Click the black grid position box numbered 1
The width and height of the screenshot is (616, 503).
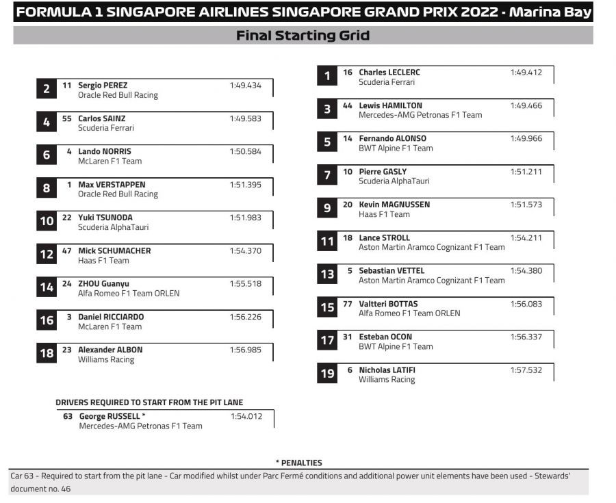point(328,76)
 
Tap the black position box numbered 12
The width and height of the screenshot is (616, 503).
point(47,255)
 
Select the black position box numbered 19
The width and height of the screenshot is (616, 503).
point(328,374)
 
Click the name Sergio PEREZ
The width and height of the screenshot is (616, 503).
point(103,86)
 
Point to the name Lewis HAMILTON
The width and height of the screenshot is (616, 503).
point(390,105)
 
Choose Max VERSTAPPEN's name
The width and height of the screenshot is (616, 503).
point(112,185)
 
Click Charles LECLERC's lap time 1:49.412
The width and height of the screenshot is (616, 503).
point(526,73)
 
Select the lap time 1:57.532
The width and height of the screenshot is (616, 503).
point(526,370)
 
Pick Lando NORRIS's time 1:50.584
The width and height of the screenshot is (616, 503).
point(245,152)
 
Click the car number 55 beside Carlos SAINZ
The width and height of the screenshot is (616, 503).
point(66,118)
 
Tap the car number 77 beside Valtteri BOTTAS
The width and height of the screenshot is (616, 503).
point(347,304)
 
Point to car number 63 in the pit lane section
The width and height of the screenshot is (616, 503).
point(68,416)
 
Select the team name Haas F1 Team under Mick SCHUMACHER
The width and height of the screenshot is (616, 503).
point(103,261)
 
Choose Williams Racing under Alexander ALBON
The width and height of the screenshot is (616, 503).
point(106,360)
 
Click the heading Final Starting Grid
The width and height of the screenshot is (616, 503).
point(303,36)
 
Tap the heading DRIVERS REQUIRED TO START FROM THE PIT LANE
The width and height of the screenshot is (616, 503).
point(149,402)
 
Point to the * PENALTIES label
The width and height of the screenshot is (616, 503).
point(298,463)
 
